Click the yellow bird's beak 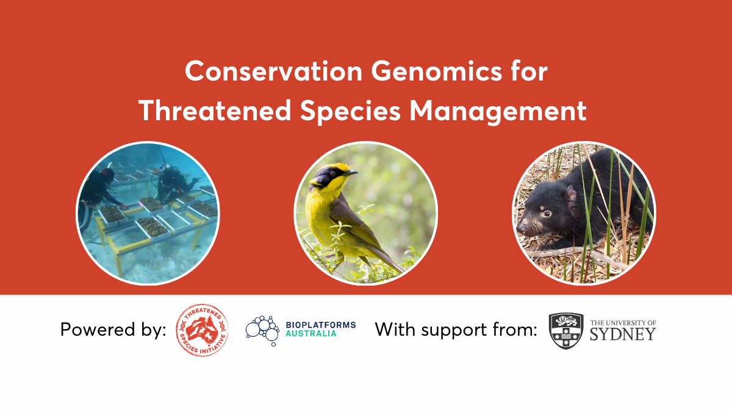point(350,173)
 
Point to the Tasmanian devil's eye point(547,213)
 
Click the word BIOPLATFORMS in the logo point(320,325)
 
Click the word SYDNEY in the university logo point(622,334)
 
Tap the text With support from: point(456,330)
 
